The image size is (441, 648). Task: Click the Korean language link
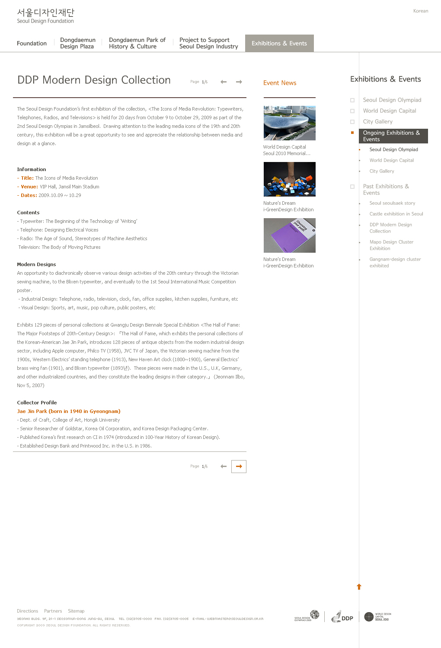(420, 11)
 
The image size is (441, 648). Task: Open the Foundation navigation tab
(32, 43)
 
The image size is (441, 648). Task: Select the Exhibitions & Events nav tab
(279, 43)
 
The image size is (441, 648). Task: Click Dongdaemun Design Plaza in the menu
(77, 43)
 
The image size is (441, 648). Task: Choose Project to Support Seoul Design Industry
(208, 43)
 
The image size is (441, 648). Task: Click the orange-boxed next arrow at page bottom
(239, 467)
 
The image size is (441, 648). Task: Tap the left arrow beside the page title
(224, 82)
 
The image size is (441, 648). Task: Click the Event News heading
(280, 83)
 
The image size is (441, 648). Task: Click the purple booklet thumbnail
(289, 235)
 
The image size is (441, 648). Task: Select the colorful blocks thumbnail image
(289, 179)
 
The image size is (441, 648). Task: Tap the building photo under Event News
(289, 123)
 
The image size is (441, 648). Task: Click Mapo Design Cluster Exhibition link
(391, 245)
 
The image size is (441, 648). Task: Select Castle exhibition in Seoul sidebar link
(396, 214)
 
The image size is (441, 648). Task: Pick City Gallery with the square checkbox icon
(377, 122)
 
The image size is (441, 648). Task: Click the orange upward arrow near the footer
(359, 587)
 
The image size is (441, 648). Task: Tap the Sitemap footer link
(76, 611)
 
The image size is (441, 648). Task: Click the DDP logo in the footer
(343, 617)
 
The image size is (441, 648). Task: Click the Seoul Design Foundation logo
(45, 16)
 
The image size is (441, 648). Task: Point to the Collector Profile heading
(37, 403)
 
